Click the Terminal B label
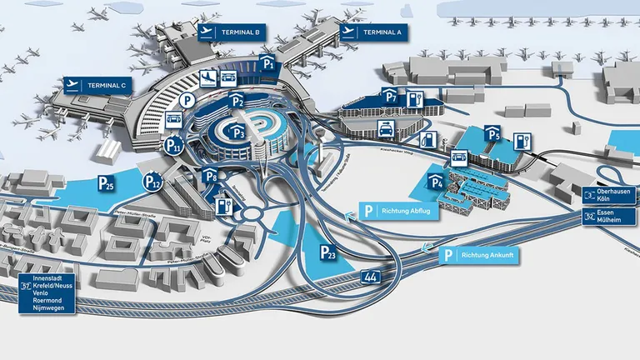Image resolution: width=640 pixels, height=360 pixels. coord(232,32)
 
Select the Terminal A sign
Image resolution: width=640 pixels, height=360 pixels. coord(372,32)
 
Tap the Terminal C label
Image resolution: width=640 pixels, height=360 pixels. coord(95,84)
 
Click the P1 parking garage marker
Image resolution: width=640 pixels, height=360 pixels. coord(267,62)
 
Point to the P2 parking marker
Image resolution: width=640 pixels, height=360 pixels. coord(237,102)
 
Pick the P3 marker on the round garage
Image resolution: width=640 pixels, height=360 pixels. coord(238,131)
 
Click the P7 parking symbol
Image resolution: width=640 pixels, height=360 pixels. coord(391,96)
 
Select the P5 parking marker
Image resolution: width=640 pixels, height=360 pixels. coord(494,132)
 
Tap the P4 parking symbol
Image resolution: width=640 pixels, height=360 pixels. coord(437,181)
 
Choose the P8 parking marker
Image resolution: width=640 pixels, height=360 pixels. coord(210,176)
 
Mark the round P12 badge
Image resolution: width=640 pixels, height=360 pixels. coord(152,181)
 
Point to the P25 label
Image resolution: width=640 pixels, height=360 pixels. coord(106,184)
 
